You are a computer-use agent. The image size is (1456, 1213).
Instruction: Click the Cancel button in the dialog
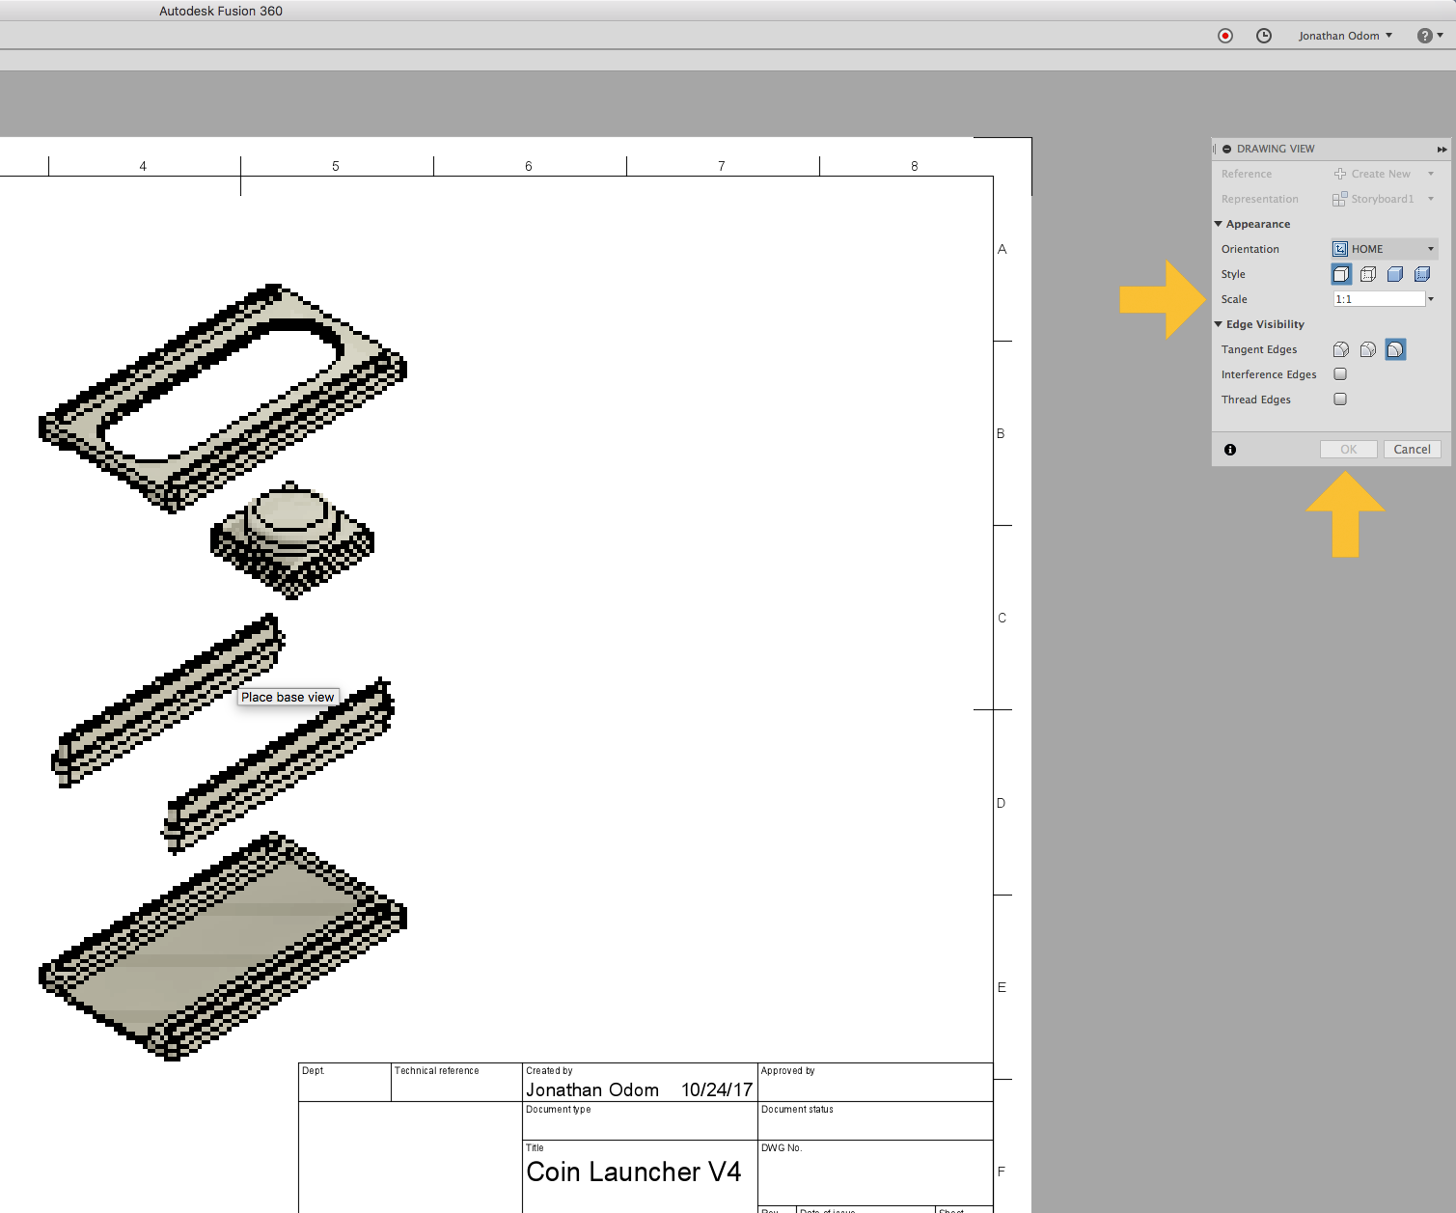tap(1412, 450)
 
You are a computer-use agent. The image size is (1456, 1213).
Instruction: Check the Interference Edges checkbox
tap(1340, 374)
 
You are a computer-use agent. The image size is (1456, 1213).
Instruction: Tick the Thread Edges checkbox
tap(1340, 400)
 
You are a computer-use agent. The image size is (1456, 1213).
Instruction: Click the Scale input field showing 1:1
tap(1378, 299)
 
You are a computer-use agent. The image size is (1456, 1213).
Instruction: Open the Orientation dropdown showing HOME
tap(1385, 249)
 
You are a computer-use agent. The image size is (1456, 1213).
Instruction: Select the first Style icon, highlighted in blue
tap(1341, 274)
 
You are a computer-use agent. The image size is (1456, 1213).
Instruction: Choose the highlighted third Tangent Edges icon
tap(1395, 349)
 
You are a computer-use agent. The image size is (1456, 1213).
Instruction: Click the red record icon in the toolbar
tap(1225, 36)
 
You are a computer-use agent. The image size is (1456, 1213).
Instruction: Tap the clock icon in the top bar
tap(1264, 36)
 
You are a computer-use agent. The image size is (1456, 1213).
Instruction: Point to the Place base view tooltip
tap(288, 697)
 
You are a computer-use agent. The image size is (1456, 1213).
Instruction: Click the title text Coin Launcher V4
tap(633, 1172)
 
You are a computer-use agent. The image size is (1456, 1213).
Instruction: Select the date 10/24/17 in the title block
tap(716, 1089)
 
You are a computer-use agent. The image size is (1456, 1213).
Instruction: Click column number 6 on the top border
tap(529, 166)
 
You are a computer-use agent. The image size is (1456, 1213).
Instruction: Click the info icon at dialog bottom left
tap(1230, 450)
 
